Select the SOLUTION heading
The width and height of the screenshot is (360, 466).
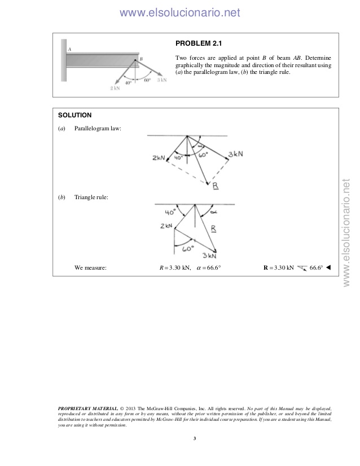coord(75,115)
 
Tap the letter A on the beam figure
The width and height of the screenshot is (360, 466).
coord(69,50)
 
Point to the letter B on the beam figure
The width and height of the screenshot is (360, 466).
coord(141,59)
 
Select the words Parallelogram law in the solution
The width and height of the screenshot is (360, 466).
coord(98,129)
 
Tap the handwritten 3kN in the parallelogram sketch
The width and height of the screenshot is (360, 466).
coord(235,154)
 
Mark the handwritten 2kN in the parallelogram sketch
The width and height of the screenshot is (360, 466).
coord(159,159)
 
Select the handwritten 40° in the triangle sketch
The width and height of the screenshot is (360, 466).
coord(170,212)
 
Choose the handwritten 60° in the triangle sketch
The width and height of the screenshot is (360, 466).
coord(187,248)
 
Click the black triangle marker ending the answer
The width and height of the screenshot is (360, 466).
coord(328,267)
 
